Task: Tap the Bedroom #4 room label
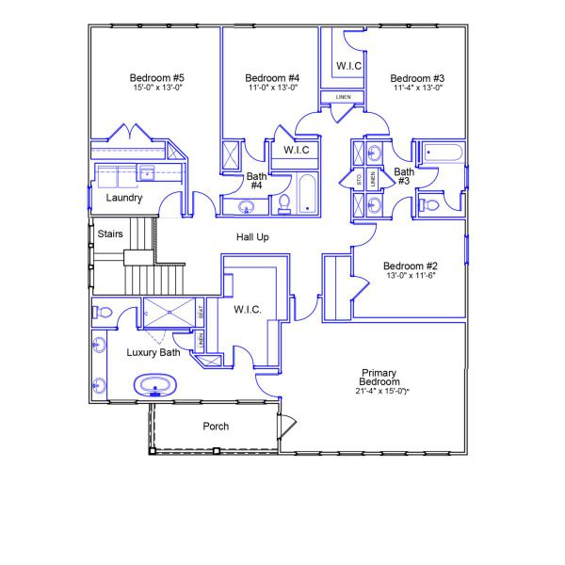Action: click(272, 77)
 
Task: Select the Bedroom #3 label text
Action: click(417, 77)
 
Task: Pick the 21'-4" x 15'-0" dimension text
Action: click(380, 391)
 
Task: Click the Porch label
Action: click(216, 427)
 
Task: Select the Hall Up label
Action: click(252, 237)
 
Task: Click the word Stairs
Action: click(110, 234)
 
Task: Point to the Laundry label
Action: click(124, 199)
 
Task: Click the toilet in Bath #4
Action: click(283, 202)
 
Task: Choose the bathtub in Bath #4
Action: click(308, 195)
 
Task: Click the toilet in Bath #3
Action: click(428, 203)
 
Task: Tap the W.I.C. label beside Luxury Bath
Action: click(247, 309)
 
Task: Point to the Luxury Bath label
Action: click(153, 352)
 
